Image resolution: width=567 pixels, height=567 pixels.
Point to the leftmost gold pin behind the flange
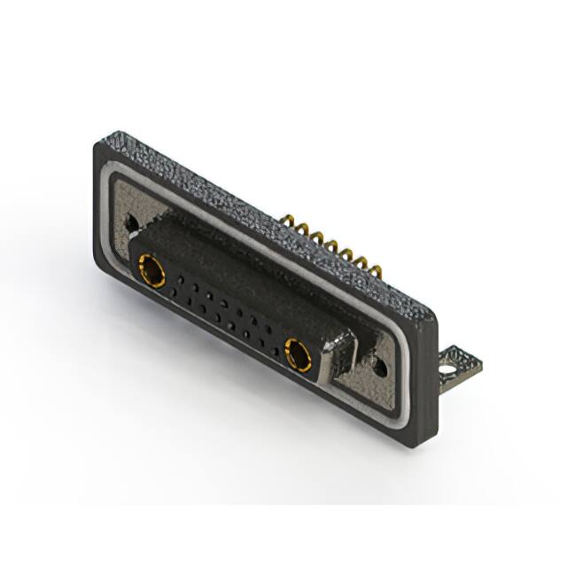290,217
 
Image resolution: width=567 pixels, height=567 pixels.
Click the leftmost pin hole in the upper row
179,277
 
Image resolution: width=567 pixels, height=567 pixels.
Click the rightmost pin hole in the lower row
276,353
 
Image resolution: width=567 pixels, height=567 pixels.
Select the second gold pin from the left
301,225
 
